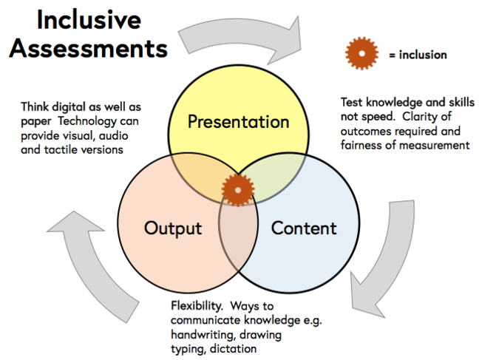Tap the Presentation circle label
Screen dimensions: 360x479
(238, 120)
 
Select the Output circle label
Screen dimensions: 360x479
(173, 228)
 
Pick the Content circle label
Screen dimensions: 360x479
(304, 228)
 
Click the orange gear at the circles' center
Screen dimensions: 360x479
(238, 190)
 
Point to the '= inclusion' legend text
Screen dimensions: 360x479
(418, 55)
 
